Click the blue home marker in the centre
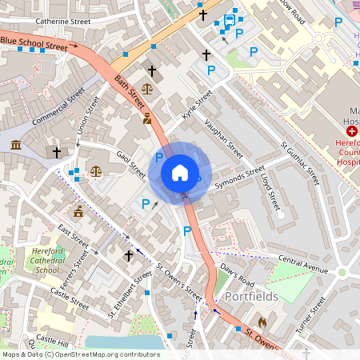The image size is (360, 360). point(180,172)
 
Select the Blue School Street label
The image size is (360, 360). point(34,43)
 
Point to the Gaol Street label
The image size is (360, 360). point(130,163)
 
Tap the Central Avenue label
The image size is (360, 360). point(303,264)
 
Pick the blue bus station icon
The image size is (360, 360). point(230,19)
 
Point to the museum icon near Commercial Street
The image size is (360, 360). point(16,145)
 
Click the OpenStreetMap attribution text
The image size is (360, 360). point(80,354)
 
